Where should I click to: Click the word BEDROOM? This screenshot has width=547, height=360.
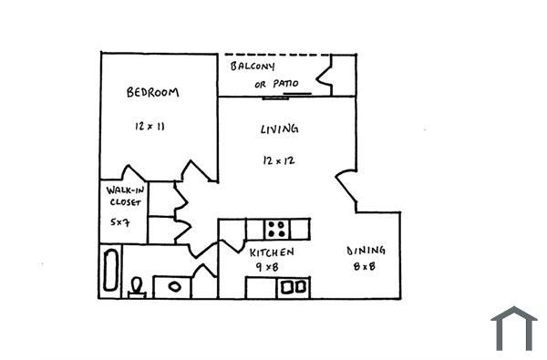(x=152, y=92)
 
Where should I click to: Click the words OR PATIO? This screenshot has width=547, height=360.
(x=276, y=84)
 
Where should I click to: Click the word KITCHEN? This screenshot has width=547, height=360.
(x=272, y=251)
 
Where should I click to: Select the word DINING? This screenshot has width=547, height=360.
(x=366, y=251)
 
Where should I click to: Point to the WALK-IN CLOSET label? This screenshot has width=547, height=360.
(x=124, y=196)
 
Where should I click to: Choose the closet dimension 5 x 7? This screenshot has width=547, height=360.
(x=120, y=221)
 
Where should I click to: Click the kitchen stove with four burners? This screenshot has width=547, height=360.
(x=277, y=228)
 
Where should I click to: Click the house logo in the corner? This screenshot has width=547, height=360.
(x=513, y=328)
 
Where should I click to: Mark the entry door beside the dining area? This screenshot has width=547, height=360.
(x=346, y=190)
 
